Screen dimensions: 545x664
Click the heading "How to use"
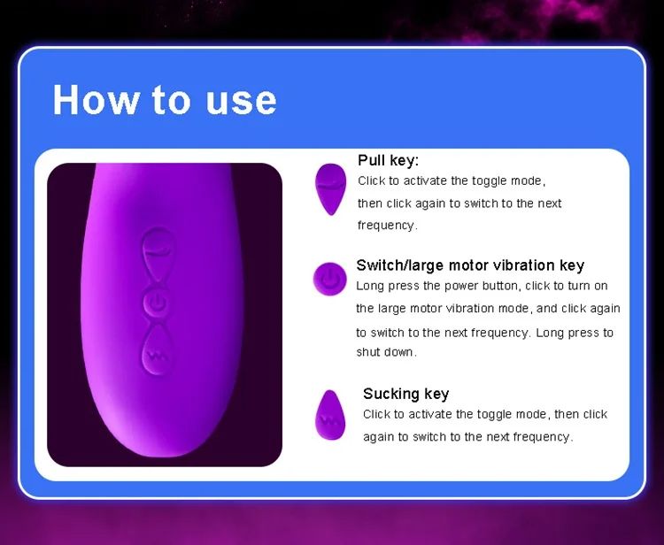(165, 100)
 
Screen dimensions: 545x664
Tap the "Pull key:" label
(388, 161)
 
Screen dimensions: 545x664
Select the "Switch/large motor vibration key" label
(470, 265)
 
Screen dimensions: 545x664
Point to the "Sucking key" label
(405, 394)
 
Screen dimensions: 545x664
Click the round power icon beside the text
(329, 279)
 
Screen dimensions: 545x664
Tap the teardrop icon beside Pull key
(330, 188)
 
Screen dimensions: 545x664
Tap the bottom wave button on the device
(160, 355)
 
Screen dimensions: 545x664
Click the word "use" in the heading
(241, 100)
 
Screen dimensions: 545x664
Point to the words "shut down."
(386, 352)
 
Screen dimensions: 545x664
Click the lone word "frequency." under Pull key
(387, 226)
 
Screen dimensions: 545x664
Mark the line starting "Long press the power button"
(482, 287)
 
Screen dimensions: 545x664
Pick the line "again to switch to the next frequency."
(467, 437)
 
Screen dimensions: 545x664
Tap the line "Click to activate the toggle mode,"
(452, 181)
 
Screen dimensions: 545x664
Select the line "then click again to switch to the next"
(459, 203)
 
